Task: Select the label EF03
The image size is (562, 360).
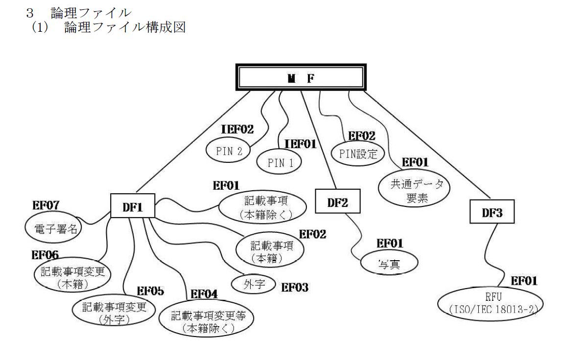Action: (x=295, y=287)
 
